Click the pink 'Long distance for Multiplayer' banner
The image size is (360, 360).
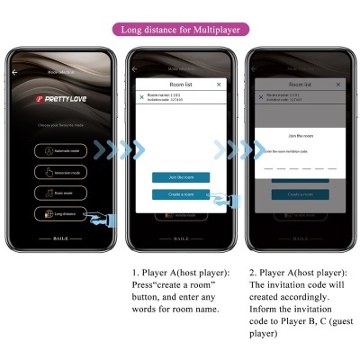(x=179, y=30)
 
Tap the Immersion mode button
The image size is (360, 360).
(x=61, y=171)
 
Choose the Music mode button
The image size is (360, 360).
(x=61, y=193)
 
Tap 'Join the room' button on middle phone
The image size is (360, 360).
(x=181, y=177)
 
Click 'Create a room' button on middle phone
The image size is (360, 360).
(x=181, y=193)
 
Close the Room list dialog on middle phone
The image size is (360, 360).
(x=219, y=84)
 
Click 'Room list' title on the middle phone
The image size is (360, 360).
(x=181, y=84)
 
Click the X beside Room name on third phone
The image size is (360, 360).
(x=262, y=96)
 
